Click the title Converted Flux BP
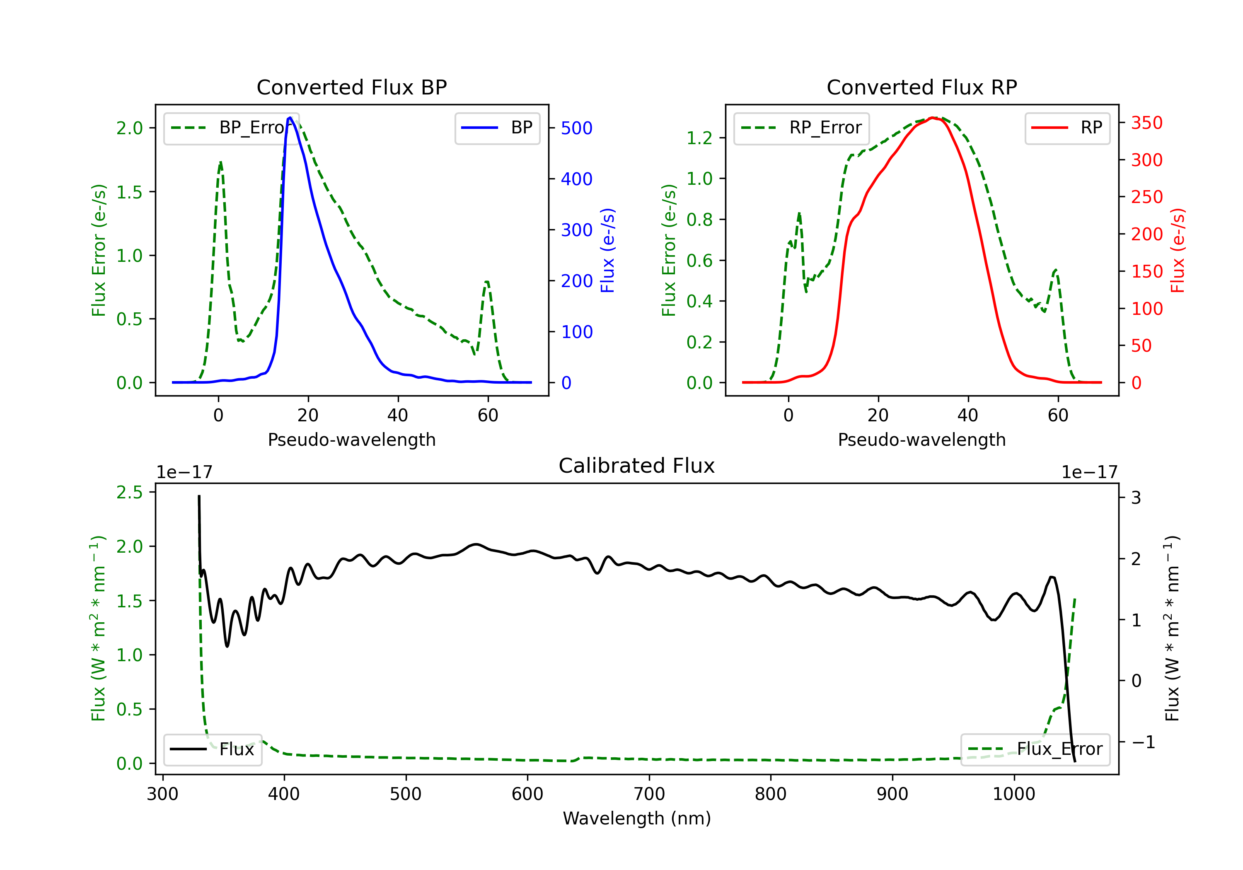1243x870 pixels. pyautogui.click(x=351, y=87)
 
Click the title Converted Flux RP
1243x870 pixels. pyautogui.click(x=921, y=87)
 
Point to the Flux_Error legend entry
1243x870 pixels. pyautogui.click(x=1035, y=749)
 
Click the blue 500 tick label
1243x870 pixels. pyautogui.click(x=577, y=128)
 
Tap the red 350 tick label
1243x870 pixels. pyautogui.click(x=1146, y=123)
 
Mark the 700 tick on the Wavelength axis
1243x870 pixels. pyautogui.click(x=649, y=794)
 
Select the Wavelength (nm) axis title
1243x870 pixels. pyautogui.click(x=637, y=819)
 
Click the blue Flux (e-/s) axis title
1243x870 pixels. pyautogui.click(x=607, y=250)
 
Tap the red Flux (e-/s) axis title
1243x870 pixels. pyautogui.click(x=1178, y=250)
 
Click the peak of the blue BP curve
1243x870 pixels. pyautogui.click(x=290, y=118)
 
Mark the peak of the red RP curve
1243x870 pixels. pyautogui.click(x=932, y=118)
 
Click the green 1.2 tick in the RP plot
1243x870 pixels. pyautogui.click(x=699, y=138)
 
